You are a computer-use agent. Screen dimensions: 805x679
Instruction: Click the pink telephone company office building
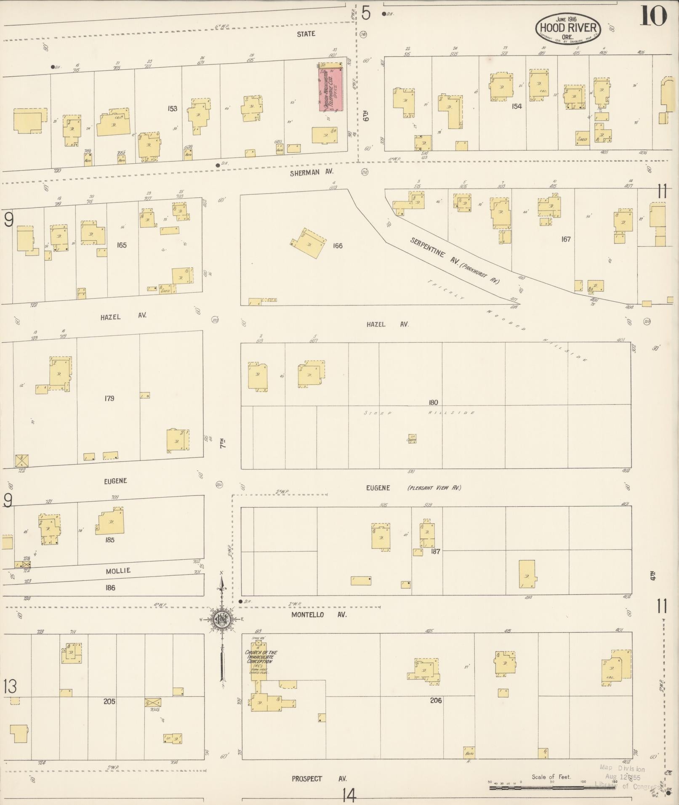pyautogui.click(x=330, y=90)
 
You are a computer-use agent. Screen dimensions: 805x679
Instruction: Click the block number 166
pyautogui.click(x=338, y=245)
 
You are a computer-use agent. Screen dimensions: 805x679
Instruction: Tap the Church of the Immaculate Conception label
pyautogui.click(x=261, y=656)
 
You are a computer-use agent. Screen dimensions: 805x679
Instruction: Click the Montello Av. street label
pyautogui.click(x=319, y=615)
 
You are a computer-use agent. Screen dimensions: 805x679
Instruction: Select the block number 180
pyautogui.click(x=433, y=402)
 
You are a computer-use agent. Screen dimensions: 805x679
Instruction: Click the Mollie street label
pyautogui.click(x=118, y=571)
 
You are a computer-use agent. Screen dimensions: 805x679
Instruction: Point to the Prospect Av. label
pyautogui.click(x=319, y=778)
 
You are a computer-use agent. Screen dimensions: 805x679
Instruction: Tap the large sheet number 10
pyautogui.click(x=653, y=17)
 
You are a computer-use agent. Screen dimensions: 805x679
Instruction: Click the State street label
pyautogui.click(x=306, y=34)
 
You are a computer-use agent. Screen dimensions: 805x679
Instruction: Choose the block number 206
pyautogui.click(x=436, y=701)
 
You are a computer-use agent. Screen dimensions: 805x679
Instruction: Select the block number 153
pyautogui.click(x=172, y=109)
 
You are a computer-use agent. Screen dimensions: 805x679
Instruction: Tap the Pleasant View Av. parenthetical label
pyautogui.click(x=434, y=488)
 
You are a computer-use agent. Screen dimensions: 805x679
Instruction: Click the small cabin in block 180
pyautogui.click(x=411, y=439)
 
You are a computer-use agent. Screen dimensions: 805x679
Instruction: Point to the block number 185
pyautogui.click(x=110, y=540)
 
